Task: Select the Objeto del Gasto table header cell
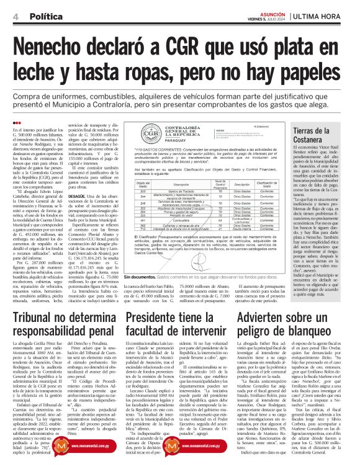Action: coord(143,184)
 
